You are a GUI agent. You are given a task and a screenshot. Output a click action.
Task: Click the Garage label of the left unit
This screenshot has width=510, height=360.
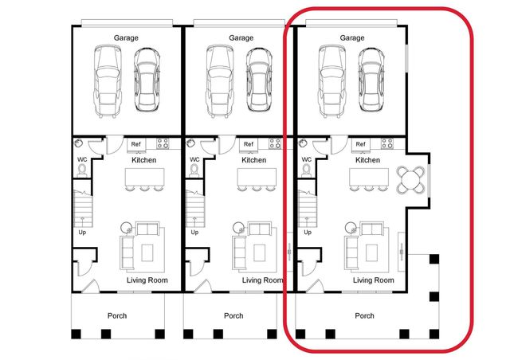click(127, 37)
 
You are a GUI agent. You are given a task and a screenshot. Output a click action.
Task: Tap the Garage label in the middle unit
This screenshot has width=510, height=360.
click(241, 37)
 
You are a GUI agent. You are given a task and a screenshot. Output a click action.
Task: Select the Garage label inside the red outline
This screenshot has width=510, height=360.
click(352, 37)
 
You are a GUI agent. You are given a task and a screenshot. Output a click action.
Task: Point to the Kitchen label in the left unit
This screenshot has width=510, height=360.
click(143, 160)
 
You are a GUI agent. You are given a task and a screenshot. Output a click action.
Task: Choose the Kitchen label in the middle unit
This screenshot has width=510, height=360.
click(255, 160)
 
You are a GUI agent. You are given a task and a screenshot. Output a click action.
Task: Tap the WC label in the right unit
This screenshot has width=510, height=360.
click(307, 158)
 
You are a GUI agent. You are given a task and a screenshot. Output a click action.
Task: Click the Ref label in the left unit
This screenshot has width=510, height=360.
click(136, 144)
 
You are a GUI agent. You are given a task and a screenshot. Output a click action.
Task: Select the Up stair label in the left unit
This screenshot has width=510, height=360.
click(82, 233)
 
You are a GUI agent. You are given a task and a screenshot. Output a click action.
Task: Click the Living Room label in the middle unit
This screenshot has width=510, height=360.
click(262, 280)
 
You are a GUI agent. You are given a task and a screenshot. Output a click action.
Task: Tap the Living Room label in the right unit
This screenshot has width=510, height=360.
click(373, 280)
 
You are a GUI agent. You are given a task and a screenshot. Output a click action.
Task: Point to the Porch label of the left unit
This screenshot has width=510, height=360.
click(117, 315)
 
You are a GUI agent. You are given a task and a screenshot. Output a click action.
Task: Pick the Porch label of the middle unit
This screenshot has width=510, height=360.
click(233, 315)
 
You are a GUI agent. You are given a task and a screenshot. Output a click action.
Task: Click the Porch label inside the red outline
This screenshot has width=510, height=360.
click(364, 315)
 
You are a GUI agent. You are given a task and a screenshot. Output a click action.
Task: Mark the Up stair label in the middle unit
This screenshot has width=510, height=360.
click(194, 233)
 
